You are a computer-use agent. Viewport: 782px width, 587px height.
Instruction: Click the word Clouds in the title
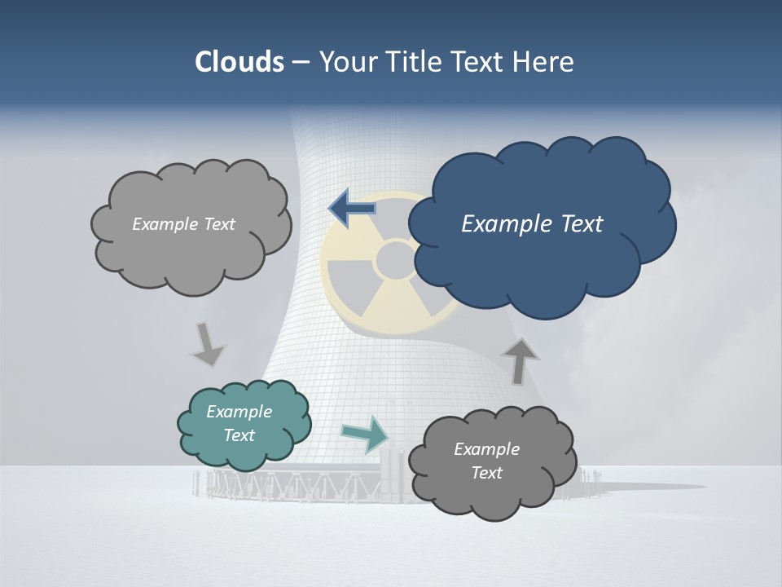(x=239, y=62)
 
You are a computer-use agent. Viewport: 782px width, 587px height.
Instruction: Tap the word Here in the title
(x=545, y=62)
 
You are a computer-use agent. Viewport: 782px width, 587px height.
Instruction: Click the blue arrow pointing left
(x=352, y=209)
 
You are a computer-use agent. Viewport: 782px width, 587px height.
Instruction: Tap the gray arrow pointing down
(x=207, y=343)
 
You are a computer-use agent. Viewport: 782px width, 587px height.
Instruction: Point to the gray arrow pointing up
(x=519, y=360)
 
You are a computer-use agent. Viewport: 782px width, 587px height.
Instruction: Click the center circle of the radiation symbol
(x=395, y=259)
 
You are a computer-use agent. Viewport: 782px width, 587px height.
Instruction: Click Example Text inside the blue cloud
(x=532, y=224)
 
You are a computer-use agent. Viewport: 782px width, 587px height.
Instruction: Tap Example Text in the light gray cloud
(x=183, y=224)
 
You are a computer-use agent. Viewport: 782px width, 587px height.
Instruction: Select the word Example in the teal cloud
(x=239, y=412)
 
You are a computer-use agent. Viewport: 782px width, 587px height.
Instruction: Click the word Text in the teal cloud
(x=239, y=435)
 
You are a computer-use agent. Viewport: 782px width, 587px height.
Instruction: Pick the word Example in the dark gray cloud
(x=486, y=449)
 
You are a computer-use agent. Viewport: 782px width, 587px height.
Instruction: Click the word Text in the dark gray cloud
(x=486, y=473)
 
